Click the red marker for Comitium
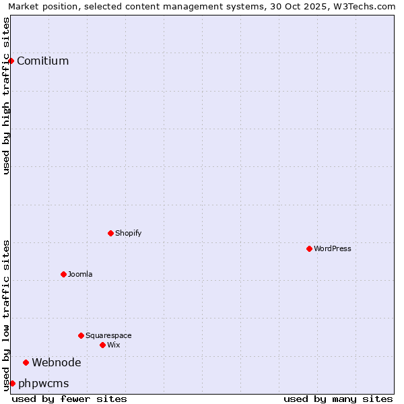[x=11, y=61]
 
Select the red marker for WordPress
[x=309, y=248]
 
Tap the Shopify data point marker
[x=110, y=233]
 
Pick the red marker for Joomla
[x=63, y=274]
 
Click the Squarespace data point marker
[x=81, y=335]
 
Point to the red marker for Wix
[x=102, y=345]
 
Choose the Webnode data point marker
[x=26, y=362]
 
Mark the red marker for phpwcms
[x=12, y=383]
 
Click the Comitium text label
[x=42, y=61]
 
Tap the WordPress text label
[x=333, y=248]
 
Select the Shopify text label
[x=128, y=233]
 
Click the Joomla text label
[x=80, y=274]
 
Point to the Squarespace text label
[x=108, y=335]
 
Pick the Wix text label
[x=113, y=345]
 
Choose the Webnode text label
[x=57, y=362]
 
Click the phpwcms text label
[x=44, y=383]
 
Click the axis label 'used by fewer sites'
[x=69, y=399]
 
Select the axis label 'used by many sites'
[x=338, y=399]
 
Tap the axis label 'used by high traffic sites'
[x=6, y=96]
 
